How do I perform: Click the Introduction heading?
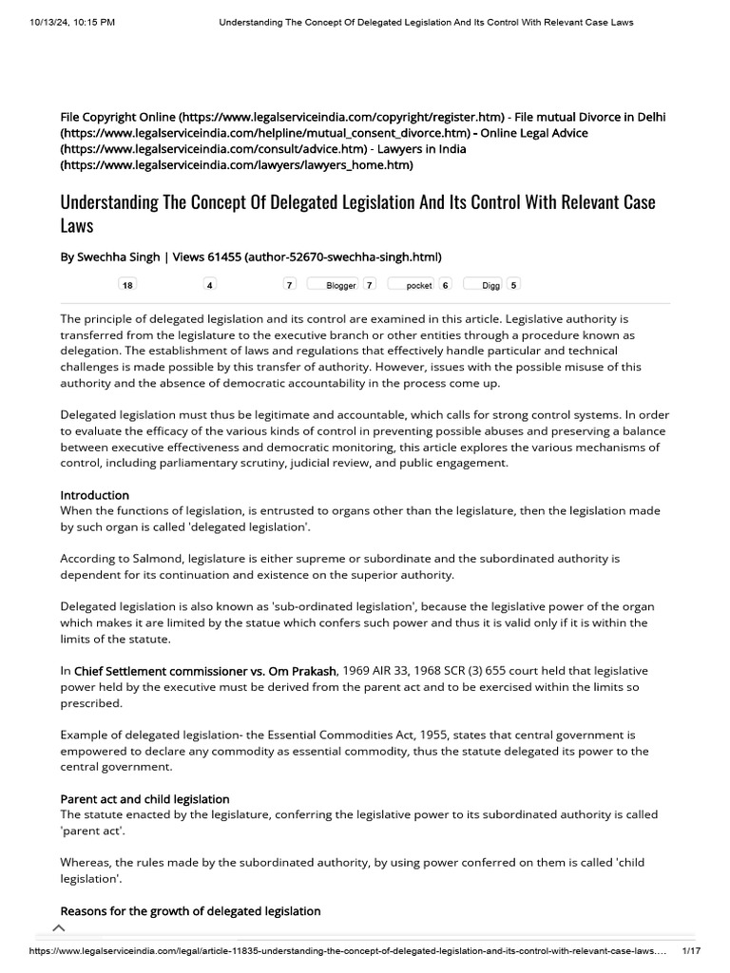(x=95, y=495)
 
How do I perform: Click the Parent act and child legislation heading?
(x=144, y=799)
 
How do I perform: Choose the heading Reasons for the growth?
(x=190, y=910)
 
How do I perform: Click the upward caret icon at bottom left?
(x=59, y=928)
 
